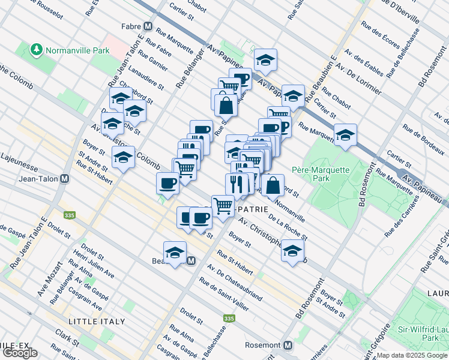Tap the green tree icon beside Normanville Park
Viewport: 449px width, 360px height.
[37, 50]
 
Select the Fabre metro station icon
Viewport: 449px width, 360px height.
[148, 26]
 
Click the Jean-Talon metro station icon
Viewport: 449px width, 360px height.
[64, 179]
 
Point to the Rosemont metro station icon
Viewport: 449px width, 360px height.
[288, 346]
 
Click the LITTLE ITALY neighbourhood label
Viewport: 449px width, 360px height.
[97, 322]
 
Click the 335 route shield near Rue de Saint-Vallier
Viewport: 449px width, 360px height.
[228, 319]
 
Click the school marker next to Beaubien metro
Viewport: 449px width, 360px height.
[175, 252]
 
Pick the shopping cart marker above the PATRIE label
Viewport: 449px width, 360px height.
[223, 205]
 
